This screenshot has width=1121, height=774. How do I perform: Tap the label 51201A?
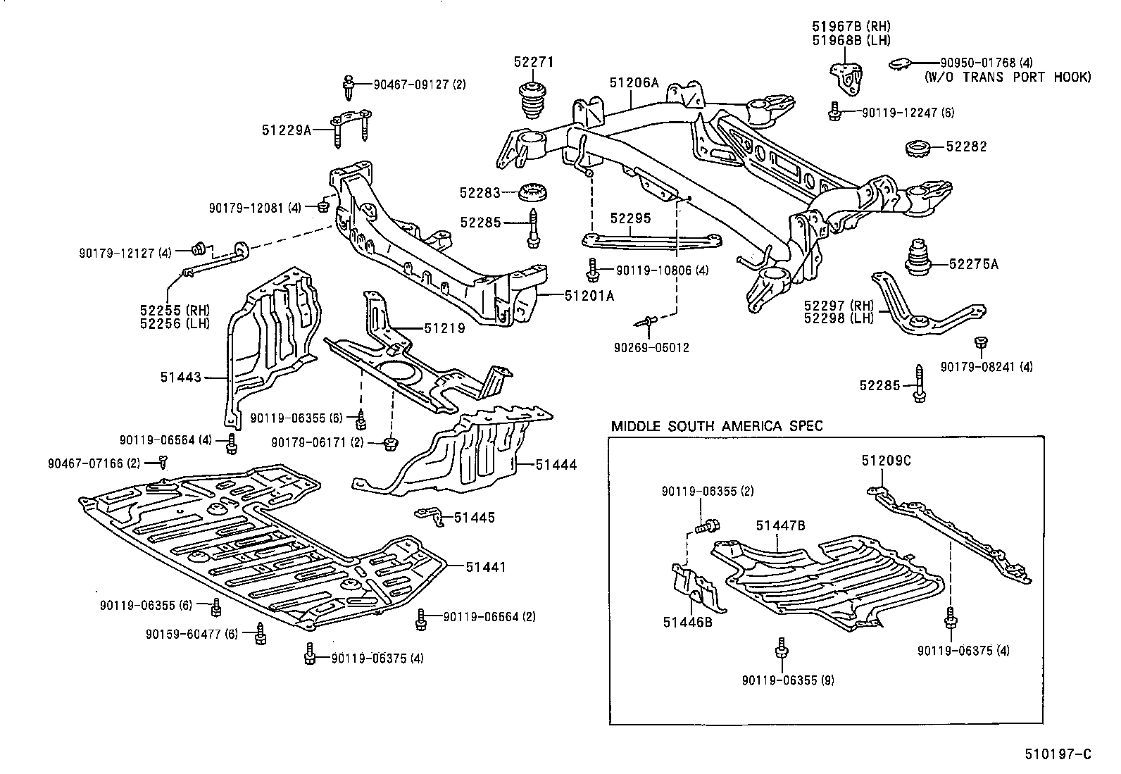(x=589, y=297)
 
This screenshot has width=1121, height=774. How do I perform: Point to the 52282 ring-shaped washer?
(x=918, y=148)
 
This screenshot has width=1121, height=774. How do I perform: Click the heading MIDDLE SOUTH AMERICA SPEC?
(x=716, y=426)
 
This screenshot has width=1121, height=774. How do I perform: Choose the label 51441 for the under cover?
(x=484, y=567)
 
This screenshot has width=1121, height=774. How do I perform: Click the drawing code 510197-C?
(x=1057, y=754)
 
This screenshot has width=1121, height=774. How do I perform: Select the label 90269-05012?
(x=651, y=348)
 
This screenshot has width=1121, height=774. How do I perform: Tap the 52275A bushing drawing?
(x=918, y=258)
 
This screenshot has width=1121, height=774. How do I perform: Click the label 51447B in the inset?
(x=781, y=525)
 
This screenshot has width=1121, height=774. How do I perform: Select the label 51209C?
(x=885, y=461)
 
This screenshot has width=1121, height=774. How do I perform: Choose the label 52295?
(x=630, y=219)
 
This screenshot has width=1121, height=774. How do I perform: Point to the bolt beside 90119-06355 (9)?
(x=781, y=649)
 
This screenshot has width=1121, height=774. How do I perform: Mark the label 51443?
(x=180, y=377)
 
